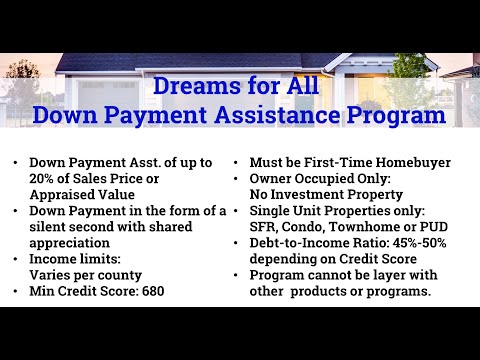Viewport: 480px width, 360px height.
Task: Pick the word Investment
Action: (320, 195)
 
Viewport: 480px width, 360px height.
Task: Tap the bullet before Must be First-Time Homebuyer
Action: (237, 163)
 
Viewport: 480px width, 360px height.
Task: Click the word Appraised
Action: (65, 195)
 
